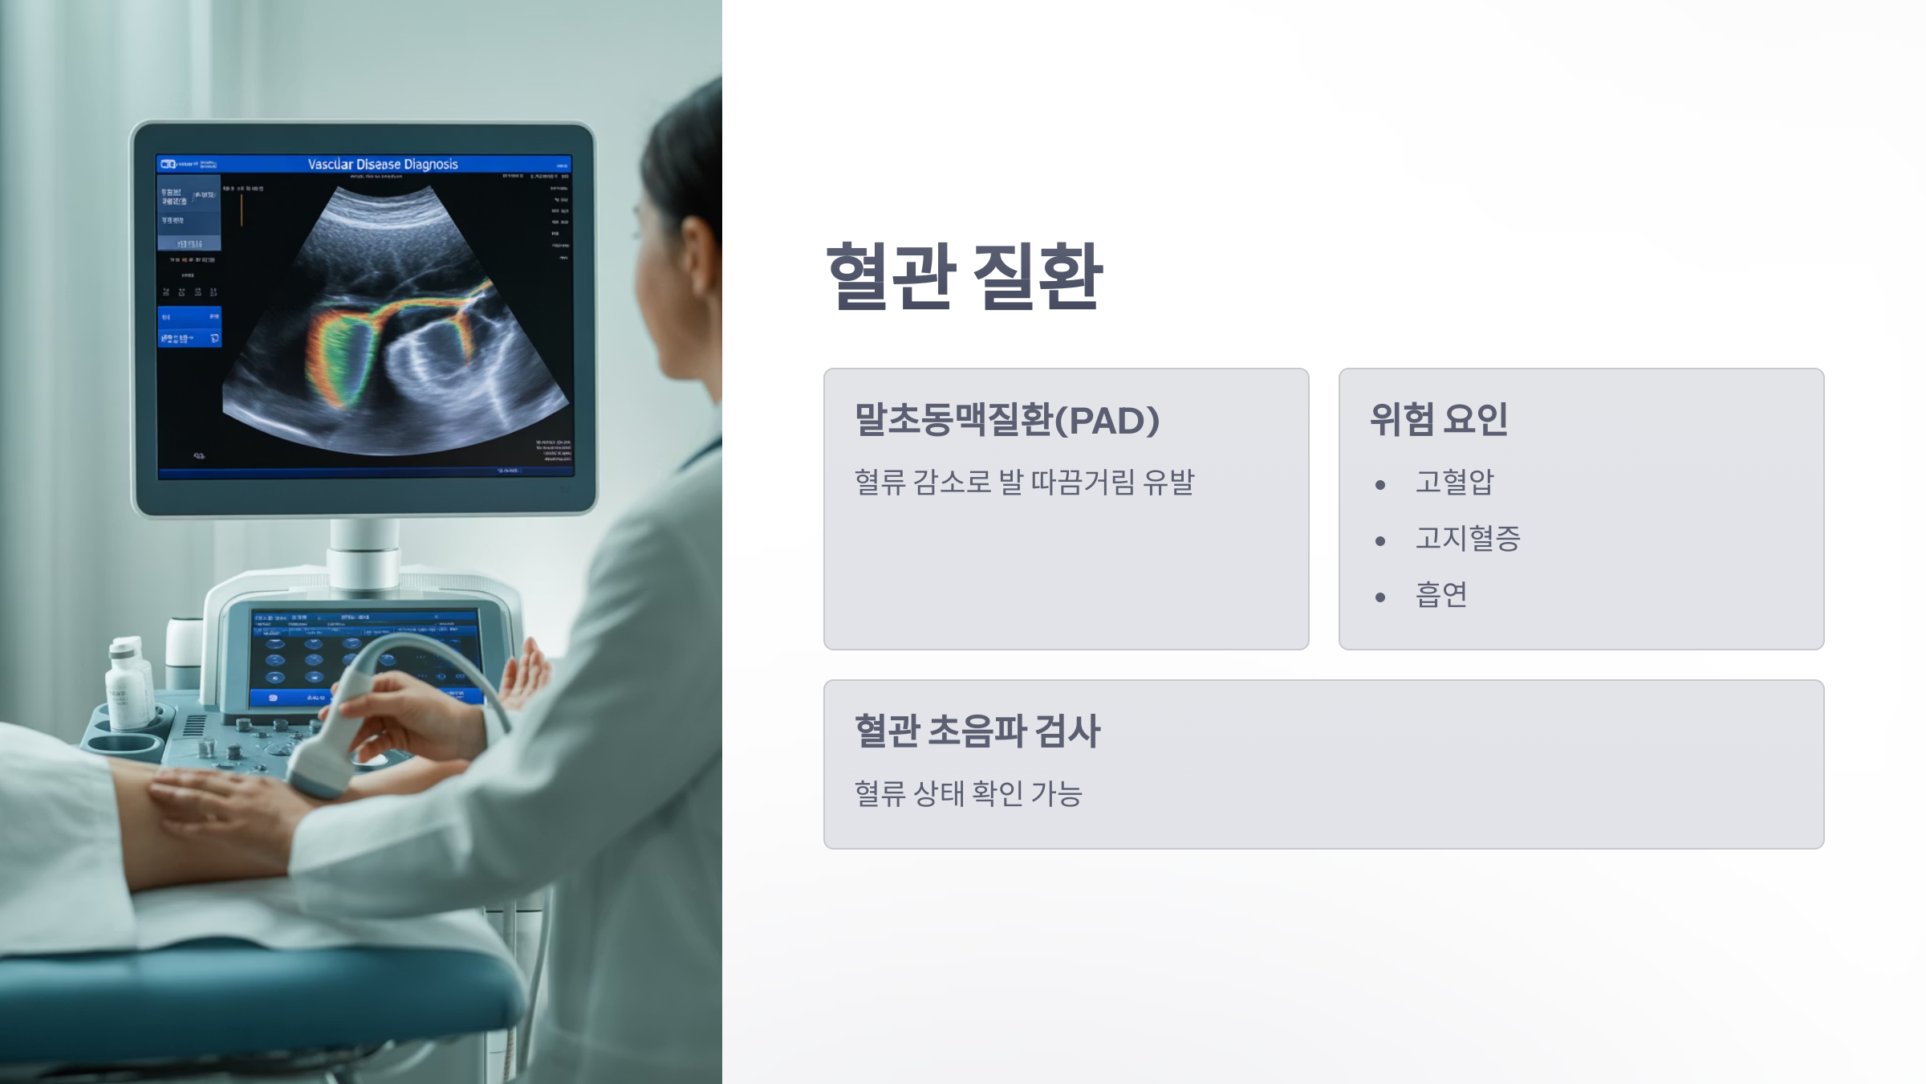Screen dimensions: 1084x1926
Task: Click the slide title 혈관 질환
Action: coord(965,276)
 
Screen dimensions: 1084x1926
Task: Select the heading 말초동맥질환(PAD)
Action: coord(1007,420)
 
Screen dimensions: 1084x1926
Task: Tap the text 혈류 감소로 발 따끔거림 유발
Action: coord(1024,482)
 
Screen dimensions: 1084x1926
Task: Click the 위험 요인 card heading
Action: coord(1439,419)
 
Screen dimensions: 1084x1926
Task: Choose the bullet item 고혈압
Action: coord(1454,482)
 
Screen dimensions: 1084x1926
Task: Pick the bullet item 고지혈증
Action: coord(1468,538)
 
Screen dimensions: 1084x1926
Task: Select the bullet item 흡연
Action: coord(1441,595)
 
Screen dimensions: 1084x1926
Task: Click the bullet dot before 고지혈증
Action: coord(1380,541)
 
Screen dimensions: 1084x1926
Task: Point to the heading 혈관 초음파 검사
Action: coord(977,731)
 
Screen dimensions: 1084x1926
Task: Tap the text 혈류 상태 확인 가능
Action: coord(969,793)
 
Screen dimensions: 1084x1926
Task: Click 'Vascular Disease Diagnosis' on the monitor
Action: coord(383,165)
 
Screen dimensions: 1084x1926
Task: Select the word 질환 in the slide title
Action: coord(1038,276)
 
